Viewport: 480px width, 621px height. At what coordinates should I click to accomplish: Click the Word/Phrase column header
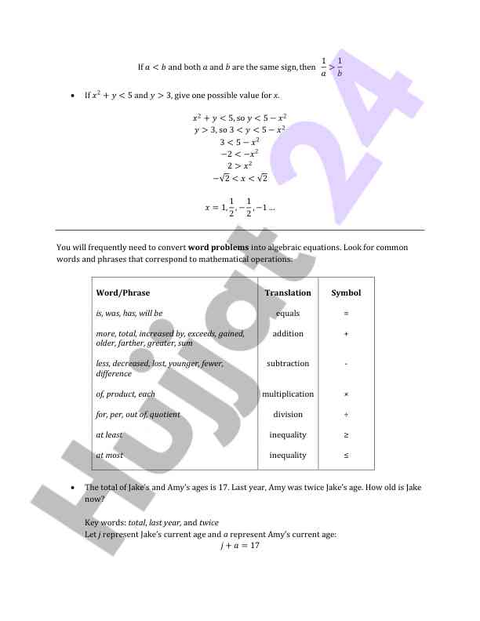pyautogui.click(x=122, y=292)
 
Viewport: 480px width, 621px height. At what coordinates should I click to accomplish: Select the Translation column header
pyautogui.click(x=288, y=292)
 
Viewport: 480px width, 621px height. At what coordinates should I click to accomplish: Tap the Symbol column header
pyautogui.click(x=346, y=292)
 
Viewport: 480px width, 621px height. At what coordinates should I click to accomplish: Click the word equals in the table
pyautogui.click(x=288, y=313)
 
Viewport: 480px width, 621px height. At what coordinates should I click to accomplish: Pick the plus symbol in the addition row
pyautogui.click(x=346, y=334)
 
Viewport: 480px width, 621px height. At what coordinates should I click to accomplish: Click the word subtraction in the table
pyautogui.click(x=288, y=364)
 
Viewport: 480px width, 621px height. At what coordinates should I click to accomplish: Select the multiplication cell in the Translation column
pyautogui.click(x=288, y=394)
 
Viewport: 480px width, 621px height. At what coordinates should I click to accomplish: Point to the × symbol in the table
pyautogui.click(x=346, y=394)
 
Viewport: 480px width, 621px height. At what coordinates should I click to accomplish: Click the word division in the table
pyautogui.click(x=288, y=415)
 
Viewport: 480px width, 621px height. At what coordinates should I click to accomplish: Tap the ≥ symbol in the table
pyautogui.click(x=346, y=435)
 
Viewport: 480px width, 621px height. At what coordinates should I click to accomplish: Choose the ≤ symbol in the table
pyautogui.click(x=346, y=456)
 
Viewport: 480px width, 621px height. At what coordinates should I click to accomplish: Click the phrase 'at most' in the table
pyautogui.click(x=110, y=456)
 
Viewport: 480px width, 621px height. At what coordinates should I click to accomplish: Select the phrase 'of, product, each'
pyautogui.click(x=125, y=394)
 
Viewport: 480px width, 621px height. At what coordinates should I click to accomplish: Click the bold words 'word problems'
pyautogui.click(x=218, y=248)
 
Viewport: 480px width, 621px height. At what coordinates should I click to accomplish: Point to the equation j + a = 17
pyautogui.click(x=239, y=545)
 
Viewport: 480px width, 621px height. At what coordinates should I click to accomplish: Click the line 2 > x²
pyautogui.click(x=239, y=165)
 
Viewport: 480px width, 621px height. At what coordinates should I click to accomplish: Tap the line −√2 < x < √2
pyautogui.click(x=239, y=179)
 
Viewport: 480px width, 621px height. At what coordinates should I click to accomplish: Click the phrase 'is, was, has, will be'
pyautogui.click(x=129, y=313)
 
